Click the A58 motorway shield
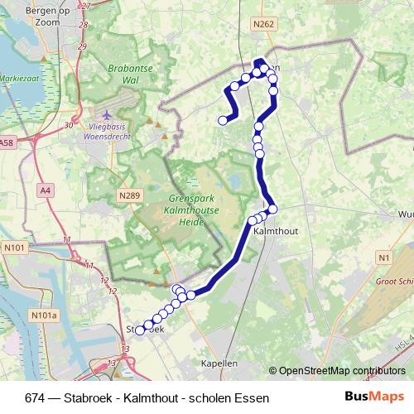click(x=7, y=143)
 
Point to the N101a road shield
click(x=45, y=315)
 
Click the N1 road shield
click(x=383, y=258)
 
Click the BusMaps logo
click(x=374, y=397)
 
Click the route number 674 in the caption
click(x=35, y=398)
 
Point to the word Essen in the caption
click(x=253, y=398)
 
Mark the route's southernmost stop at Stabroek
click(x=140, y=330)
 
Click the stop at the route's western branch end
click(x=222, y=121)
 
